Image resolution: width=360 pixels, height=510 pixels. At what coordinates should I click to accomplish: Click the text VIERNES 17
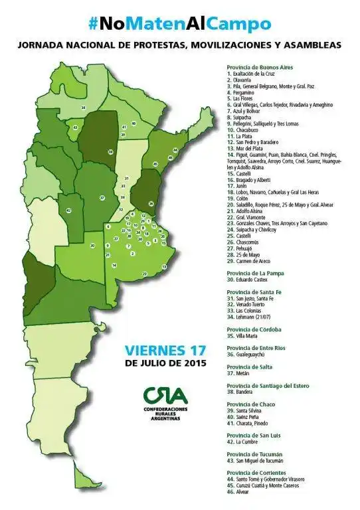click(x=166, y=350)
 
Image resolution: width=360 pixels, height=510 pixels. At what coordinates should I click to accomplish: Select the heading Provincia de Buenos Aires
click(x=260, y=67)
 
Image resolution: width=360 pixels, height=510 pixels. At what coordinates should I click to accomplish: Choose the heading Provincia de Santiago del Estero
click(x=269, y=385)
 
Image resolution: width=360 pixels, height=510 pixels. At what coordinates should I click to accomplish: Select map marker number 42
click(x=68, y=211)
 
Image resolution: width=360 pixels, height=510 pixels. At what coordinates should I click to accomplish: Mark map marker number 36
click(x=151, y=203)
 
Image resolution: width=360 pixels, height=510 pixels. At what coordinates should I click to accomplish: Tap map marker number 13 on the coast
click(x=163, y=266)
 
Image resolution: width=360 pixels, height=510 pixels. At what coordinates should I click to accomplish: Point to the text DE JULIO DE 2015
click(x=165, y=363)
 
